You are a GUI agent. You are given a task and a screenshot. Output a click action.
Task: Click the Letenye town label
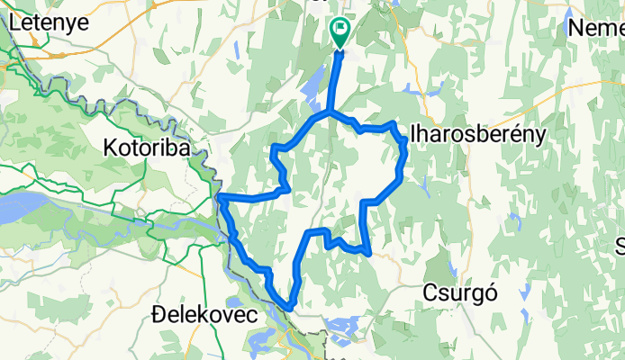tap(50, 23)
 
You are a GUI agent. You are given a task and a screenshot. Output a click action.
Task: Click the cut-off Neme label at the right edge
tap(596, 28)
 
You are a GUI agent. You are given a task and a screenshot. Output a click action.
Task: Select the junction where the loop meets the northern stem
tap(330, 114)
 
